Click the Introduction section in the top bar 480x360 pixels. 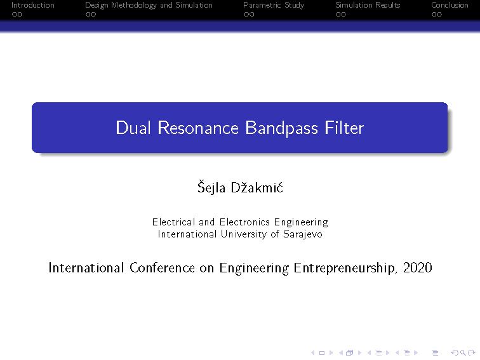(x=33, y=5)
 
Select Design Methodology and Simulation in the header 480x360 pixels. (x=149, y=6)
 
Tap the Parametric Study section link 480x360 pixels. (x=274, y=6)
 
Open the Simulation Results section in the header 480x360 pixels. (x=368, y=5)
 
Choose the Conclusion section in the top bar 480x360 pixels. (x=450, y=5)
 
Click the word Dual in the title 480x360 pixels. (x=133, y=128)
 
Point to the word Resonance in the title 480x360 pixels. (x=198, y=128)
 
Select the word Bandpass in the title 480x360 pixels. (x=282, y=128)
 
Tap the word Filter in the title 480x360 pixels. (x=344, y=128)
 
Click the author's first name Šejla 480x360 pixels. (x=211, y=187)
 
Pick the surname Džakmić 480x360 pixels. (x=257, y=187)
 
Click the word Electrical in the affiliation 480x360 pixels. (x=173, y=222)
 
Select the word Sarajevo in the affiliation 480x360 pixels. (x=303, y=234)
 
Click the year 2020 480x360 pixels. (x=418, y=267)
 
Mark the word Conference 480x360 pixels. (x=163, y=267)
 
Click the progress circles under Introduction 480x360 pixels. (x=17, y=15)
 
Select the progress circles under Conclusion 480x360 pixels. (x=437, y=15)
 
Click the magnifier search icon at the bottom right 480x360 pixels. (x=463, y=353)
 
